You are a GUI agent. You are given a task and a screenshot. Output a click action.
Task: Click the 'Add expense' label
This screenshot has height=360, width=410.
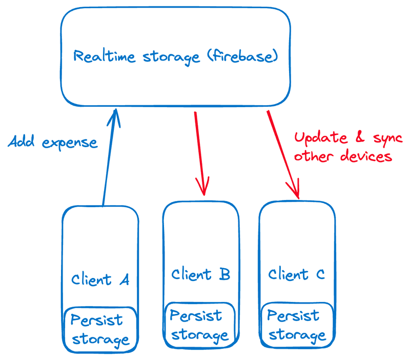[53, 142]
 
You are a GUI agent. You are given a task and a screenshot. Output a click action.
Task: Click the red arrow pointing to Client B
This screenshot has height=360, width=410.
[200, 154]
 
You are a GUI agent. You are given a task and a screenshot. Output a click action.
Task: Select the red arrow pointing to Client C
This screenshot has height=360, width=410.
[282, 154]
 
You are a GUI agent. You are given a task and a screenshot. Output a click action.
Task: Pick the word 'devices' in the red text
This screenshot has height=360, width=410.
[368, 155]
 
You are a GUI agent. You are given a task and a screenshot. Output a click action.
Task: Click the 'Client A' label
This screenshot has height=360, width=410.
[100, 279]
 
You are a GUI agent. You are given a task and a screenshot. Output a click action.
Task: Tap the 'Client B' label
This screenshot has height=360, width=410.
[200, 274]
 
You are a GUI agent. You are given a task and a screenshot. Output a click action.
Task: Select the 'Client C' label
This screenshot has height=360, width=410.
[297, 274]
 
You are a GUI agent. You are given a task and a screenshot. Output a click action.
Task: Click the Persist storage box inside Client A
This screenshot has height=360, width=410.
[100, 329]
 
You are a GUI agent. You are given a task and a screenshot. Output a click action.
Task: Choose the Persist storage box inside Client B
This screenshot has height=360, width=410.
[200, 325]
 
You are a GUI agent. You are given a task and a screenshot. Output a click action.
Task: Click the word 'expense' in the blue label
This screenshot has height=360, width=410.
[70, 143]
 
